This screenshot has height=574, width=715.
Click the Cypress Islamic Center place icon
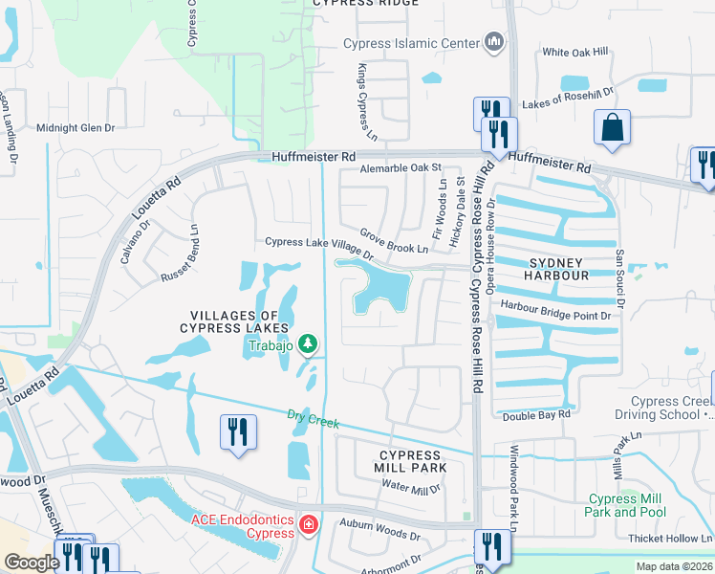[x=494, y=42]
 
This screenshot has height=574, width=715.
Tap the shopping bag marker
[x=611, y=128]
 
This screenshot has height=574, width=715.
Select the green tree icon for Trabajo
[x=308, y=342]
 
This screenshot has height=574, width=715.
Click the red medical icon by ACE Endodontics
[x=308, y=524]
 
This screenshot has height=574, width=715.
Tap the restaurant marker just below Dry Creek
[x=238, y=430]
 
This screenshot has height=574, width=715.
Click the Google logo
[x=32, y=563]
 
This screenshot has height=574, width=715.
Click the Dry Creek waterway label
[x=313, y=417]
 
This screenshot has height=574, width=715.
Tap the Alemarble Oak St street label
[x=399, y=168]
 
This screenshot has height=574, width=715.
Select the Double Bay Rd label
[x=536, y=415]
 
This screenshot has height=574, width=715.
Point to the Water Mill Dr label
[x=411, y=488]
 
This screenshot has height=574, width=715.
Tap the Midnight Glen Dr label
[x=75, y=127]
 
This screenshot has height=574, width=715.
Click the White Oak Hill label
[x=574, y=53]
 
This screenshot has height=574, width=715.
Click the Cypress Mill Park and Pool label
[x=627, y=505]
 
